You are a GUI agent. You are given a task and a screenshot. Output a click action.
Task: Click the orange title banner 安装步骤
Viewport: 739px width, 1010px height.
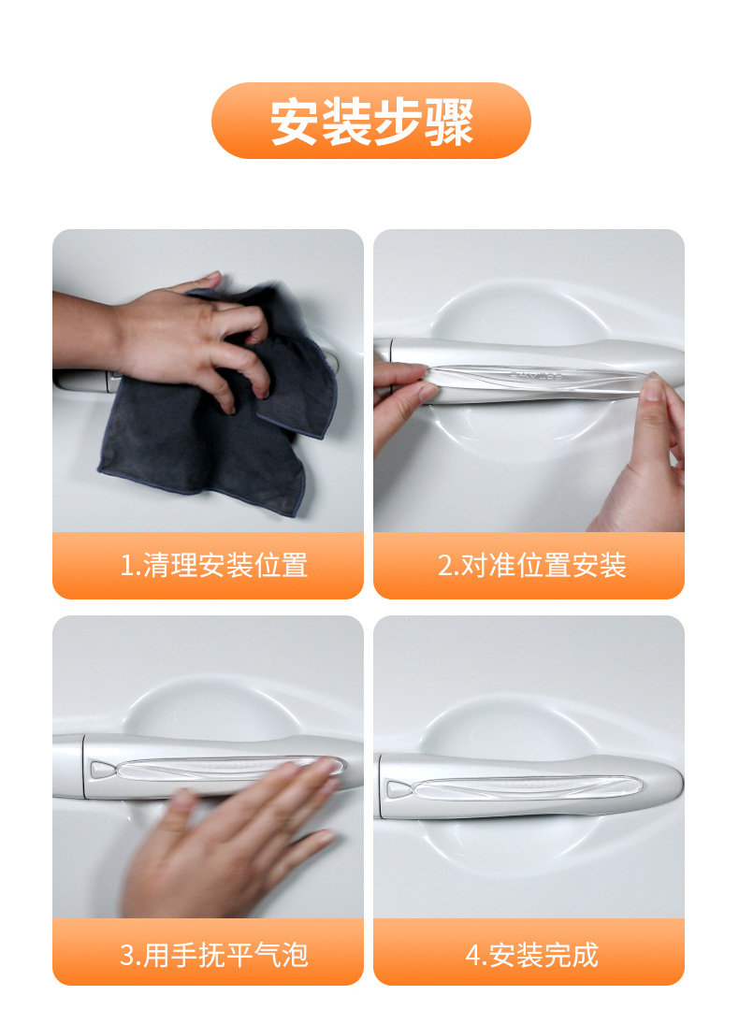370,121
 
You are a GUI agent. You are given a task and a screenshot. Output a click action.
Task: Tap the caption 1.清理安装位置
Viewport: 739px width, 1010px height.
214,566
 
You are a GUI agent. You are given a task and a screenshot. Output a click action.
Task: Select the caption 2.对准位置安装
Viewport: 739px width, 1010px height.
531,566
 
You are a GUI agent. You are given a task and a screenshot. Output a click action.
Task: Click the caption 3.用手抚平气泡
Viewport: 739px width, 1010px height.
214,955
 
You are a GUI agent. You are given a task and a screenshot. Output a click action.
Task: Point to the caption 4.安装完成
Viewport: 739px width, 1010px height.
531,955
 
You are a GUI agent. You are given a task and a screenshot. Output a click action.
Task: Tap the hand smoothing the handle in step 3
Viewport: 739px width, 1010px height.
234,842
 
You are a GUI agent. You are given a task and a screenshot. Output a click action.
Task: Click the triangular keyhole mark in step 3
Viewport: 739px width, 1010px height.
101,769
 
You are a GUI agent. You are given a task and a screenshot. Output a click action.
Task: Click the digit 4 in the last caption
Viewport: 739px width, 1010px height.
471,956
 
